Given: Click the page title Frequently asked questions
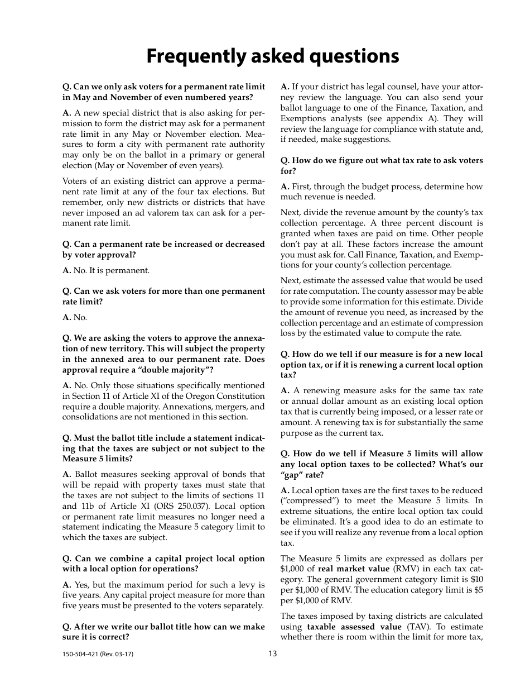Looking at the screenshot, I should click(272, 56).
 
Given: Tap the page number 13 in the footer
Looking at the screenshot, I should click(272, 653).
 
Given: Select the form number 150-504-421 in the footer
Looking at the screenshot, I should click(80, 654).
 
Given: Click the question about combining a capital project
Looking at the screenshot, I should click(163, 564).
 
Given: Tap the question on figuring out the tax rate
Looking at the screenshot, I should click(382, 165).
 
